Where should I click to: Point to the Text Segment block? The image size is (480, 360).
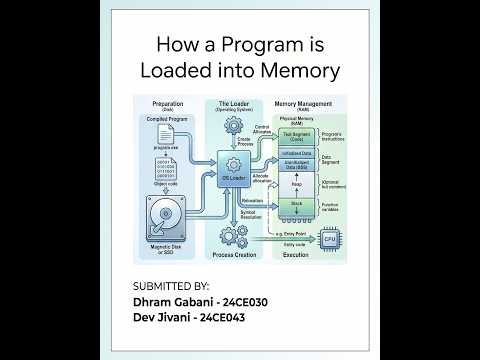click(297, 135)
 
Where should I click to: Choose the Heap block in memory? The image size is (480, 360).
click(297, 184)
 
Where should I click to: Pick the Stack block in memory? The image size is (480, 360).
click(297, 205)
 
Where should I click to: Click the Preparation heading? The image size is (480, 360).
click(166, 102)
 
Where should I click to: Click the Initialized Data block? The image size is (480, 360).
click(297, 153)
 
